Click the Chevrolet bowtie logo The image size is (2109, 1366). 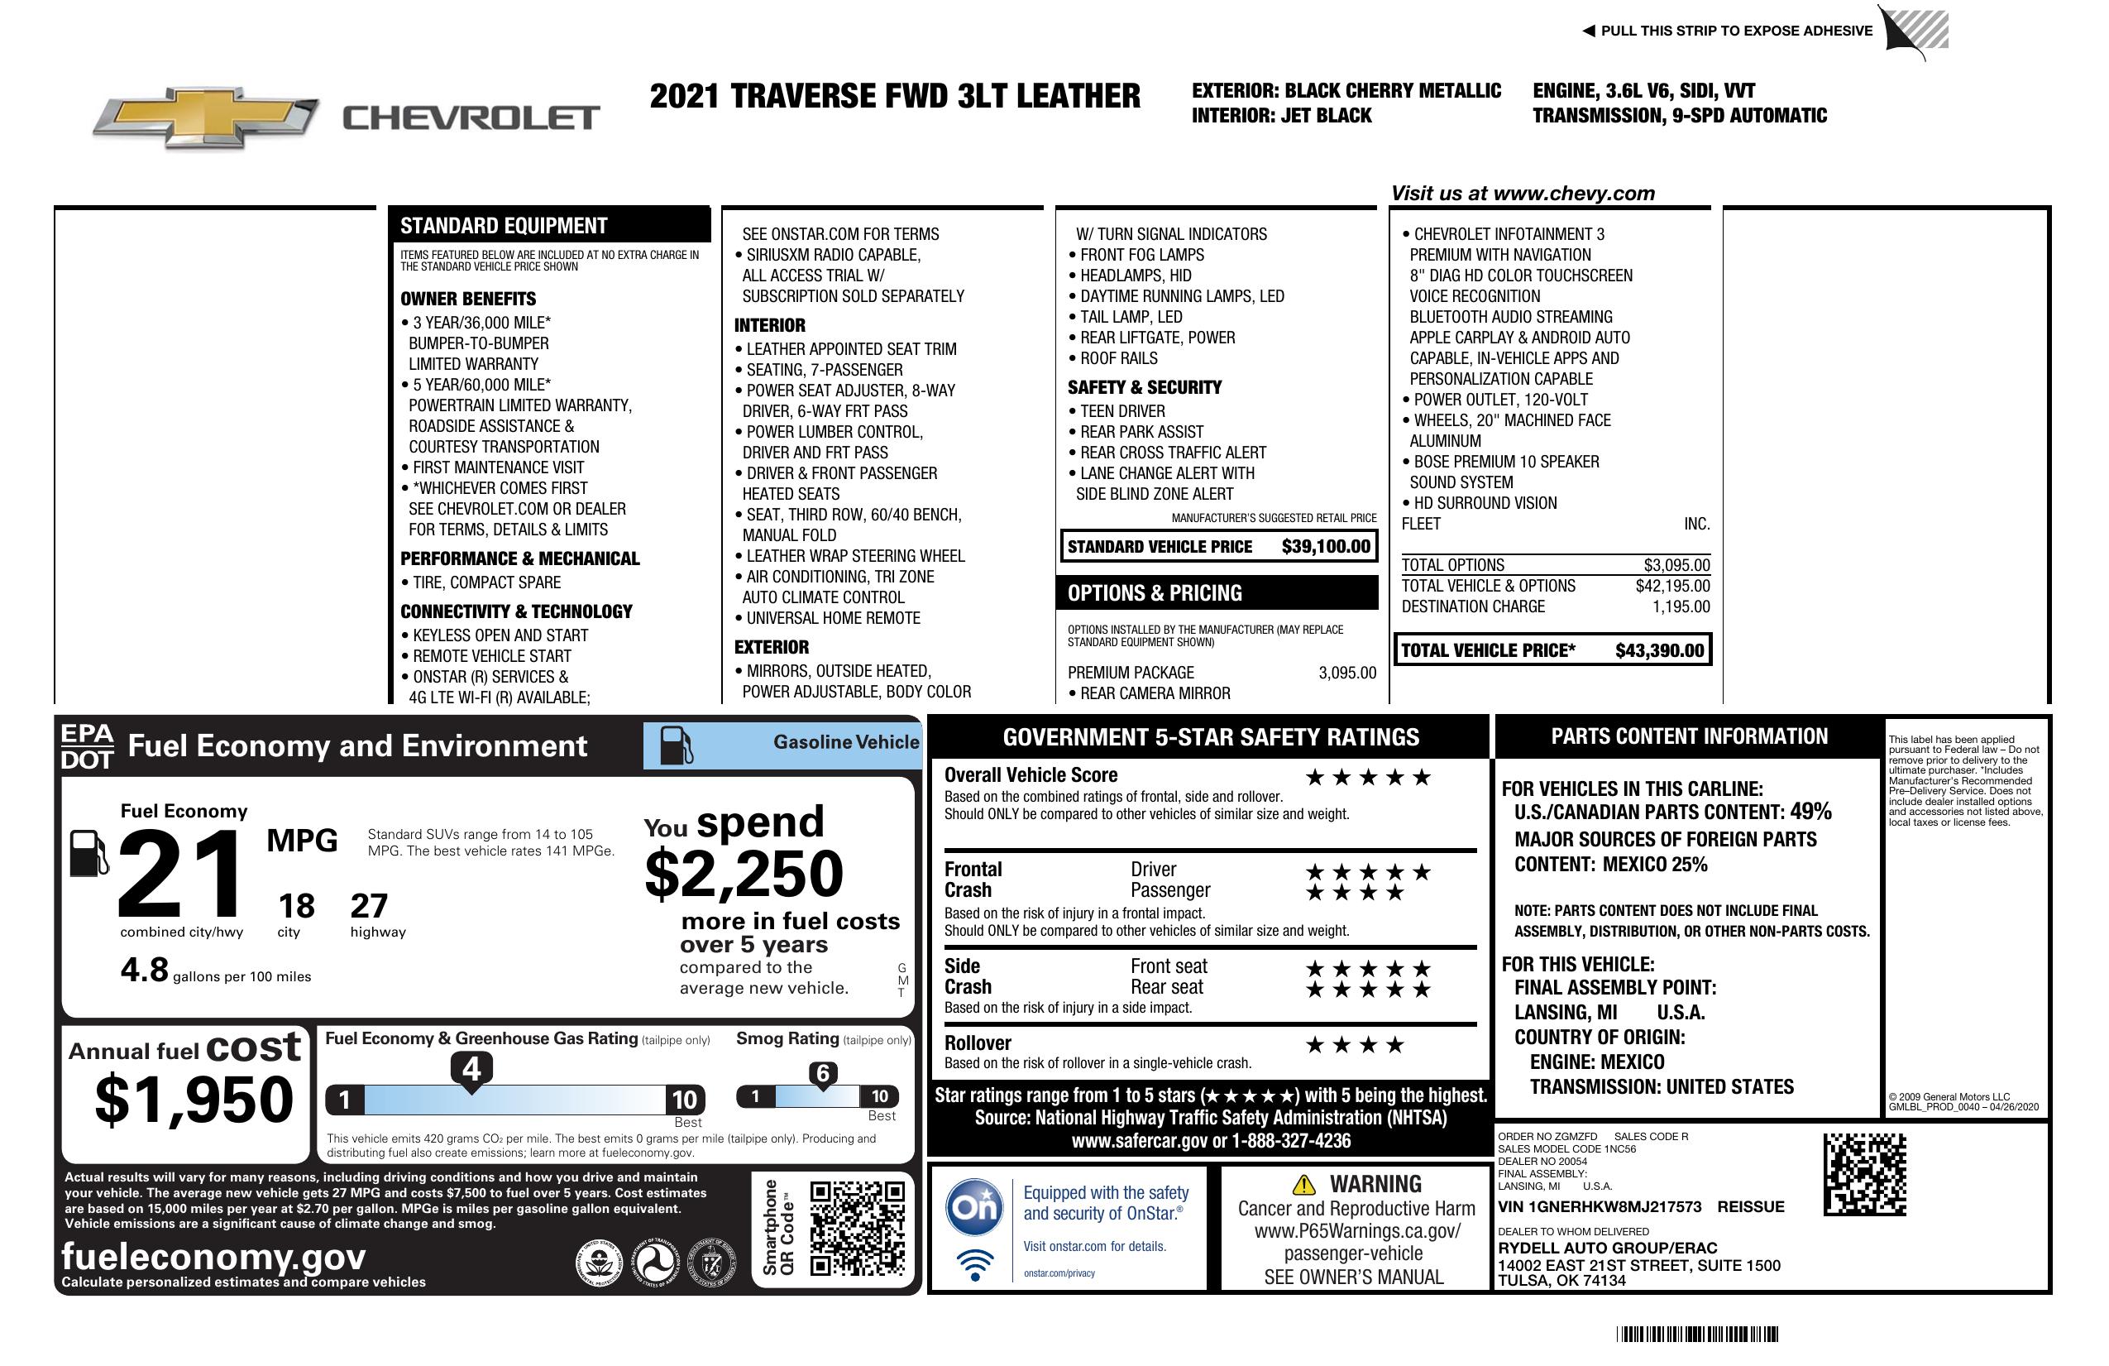(x=206, y=117)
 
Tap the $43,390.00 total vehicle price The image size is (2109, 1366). (x=1659, y=650)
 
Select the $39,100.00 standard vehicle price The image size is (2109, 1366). (x=1326, y=546)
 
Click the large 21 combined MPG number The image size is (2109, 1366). (x=181, y=873)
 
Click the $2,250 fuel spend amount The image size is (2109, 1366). (x=744, y=875)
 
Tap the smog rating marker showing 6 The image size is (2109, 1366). (x=823, y=1073)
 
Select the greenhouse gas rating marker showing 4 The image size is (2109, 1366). (x=471, y=1069)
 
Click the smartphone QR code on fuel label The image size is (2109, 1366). (x=858, y=1227)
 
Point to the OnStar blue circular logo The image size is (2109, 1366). (x=975, y=1206)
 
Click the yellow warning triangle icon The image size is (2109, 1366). (x=1303, y=1184)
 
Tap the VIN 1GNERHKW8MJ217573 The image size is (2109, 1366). (x=1600, y=1207)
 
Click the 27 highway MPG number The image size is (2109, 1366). (x=369, y=906)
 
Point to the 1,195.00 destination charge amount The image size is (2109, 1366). (x=1681, y=606)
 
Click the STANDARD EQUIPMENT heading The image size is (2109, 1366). (x=504, y=226)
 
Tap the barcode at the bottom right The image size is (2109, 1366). (x=1697, y=1334)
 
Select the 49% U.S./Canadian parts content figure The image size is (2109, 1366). (x=1810, y=811)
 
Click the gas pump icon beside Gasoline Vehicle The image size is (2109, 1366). (x=677, y=745)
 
